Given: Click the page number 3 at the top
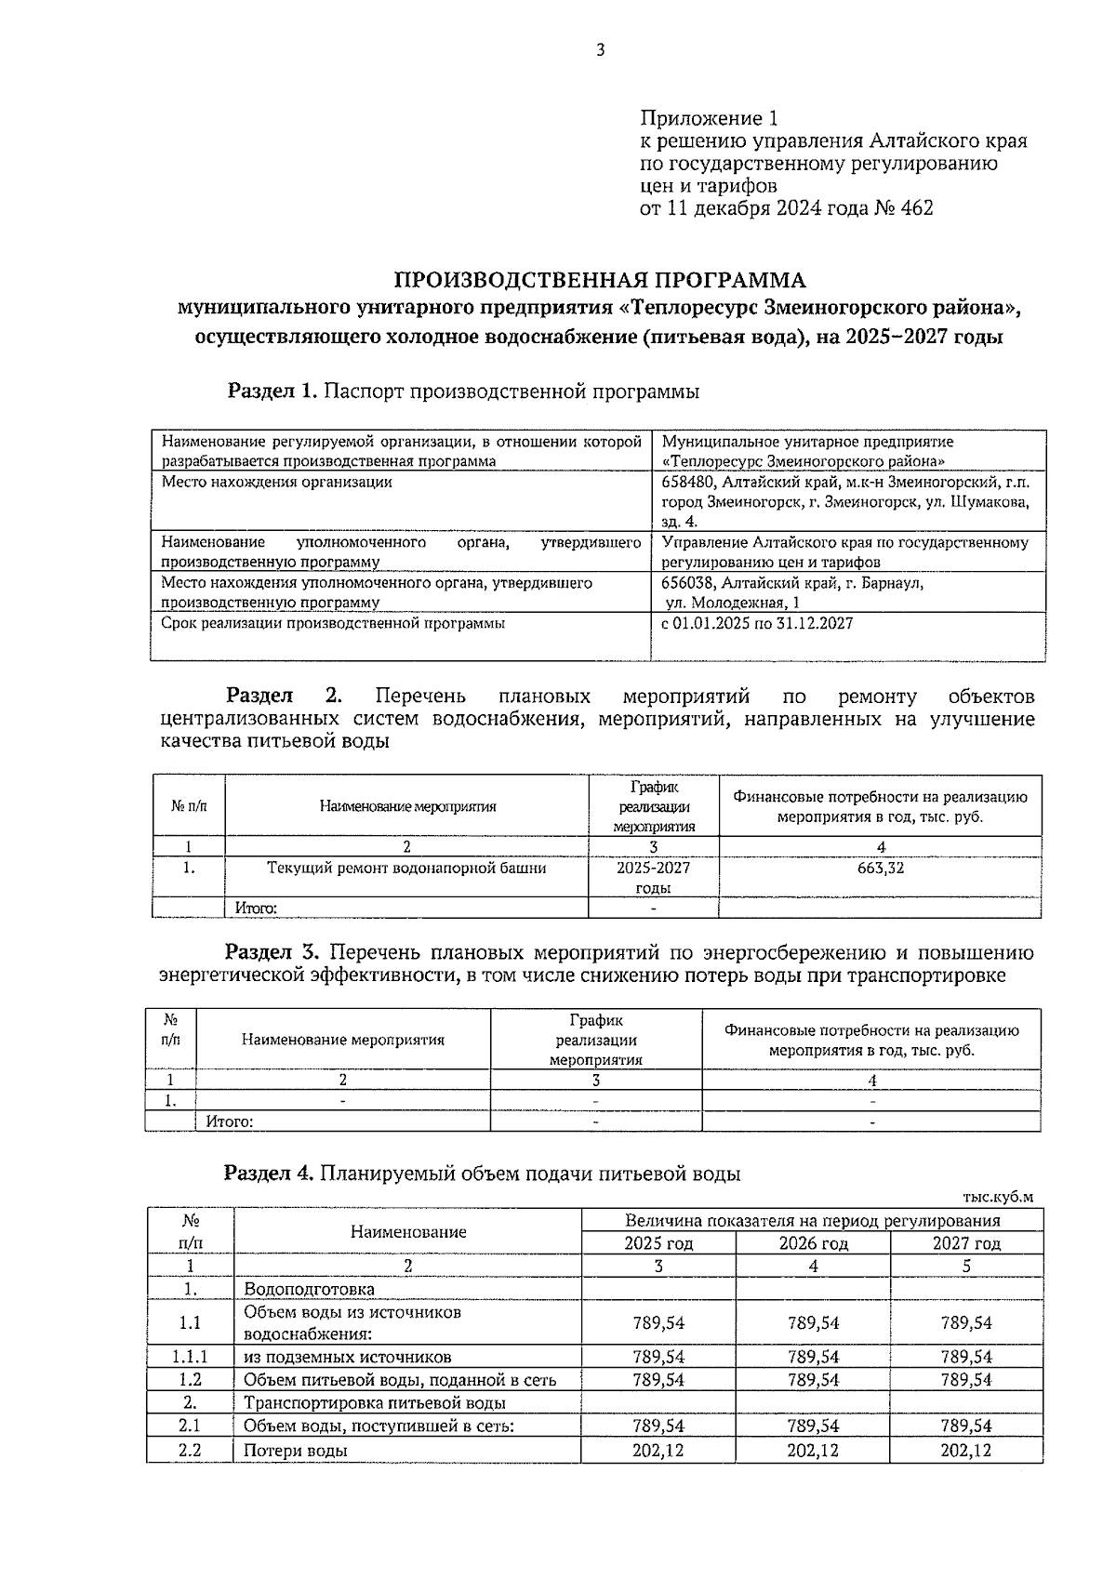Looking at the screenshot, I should [x=600, y=50].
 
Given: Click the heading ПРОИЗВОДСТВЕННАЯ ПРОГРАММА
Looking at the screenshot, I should [x=600, y=280].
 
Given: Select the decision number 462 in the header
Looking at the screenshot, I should [x=916, y=208].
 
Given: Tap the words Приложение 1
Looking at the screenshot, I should [x=709, y=119].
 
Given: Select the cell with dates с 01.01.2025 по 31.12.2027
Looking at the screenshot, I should [x=757, y=624].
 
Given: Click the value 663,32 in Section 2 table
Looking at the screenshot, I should [x=880, y=869].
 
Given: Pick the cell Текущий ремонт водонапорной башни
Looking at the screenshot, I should [x=406, y=869].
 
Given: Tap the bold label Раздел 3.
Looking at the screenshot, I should [x=273, y=953].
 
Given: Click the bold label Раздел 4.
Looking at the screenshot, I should [x=270, y=1174].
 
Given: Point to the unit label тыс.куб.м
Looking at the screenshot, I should [x=998, y=1197].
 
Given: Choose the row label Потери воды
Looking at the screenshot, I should [x=296, y=1451].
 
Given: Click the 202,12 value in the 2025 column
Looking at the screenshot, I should [x=658, y=1451].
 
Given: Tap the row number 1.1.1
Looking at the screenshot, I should [x=191, y=1357].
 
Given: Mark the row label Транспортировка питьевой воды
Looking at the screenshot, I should [x=374, y=1403].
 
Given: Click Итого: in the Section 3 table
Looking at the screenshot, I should [x=230, y=1121].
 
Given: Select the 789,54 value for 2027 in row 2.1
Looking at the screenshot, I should [x=966, y=1426].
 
